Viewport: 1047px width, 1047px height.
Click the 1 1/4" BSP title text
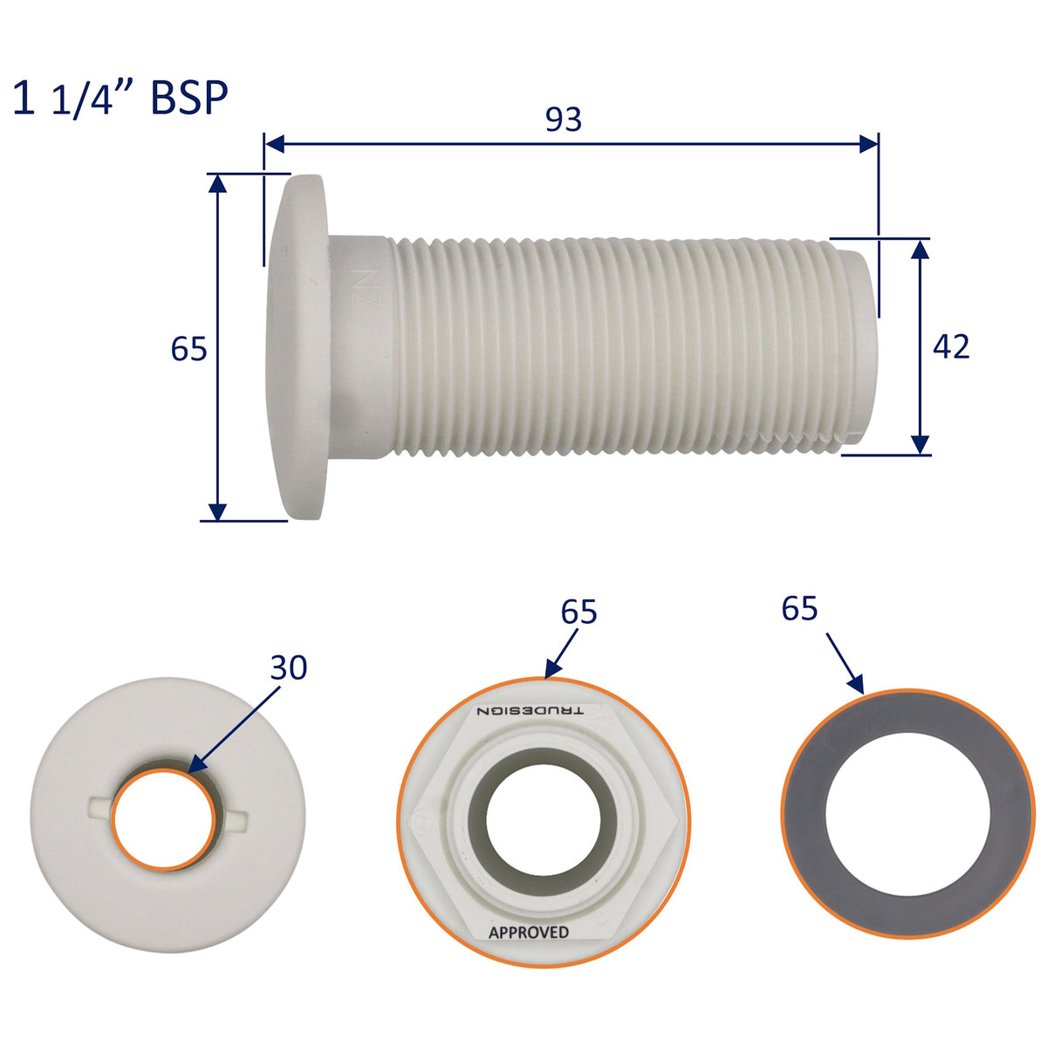tap(120, 98)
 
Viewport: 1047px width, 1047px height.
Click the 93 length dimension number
tap(564, 120)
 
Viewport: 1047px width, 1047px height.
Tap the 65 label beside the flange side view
tap(188, 349)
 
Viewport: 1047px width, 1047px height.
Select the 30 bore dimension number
tap(289, 667)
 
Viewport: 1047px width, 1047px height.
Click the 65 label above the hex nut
tap(578, 612)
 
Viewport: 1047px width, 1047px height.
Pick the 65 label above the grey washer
tap(799, 608)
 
